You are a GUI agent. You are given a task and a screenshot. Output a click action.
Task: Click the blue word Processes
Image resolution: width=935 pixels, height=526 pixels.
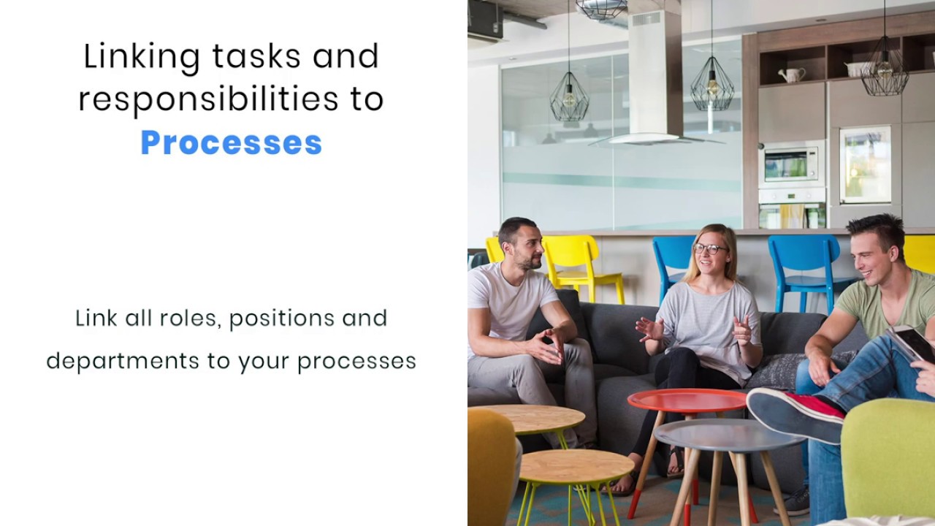point(231,143)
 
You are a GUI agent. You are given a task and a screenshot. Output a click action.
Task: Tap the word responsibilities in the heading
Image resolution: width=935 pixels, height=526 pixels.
point(208,100)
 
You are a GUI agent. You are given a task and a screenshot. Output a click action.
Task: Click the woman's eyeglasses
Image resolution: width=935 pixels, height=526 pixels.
point(709,249)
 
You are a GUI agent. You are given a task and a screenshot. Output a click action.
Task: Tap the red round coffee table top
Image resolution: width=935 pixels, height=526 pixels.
point(687,400)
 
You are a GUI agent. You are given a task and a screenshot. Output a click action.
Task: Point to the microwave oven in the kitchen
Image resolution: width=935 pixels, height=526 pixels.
point(792,164)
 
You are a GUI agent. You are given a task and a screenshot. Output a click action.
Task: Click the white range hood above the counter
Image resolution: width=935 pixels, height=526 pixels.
point(655,80)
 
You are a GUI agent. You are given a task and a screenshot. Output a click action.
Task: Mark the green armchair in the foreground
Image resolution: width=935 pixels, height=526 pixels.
point(888,459)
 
